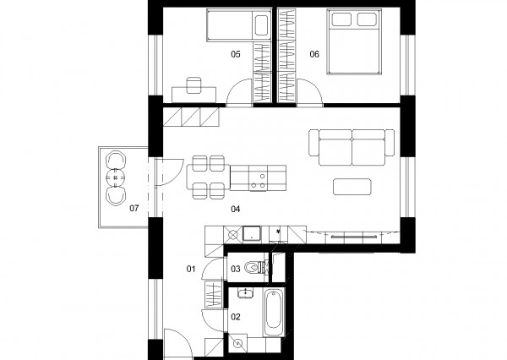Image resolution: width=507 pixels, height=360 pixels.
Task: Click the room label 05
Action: pyautogui.click(x=236, y=54)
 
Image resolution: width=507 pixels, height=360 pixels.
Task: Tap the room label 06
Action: pyautogui.click(x=314, y=54)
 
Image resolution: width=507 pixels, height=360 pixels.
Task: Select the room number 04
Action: pyautogui.click(x=236, y=209)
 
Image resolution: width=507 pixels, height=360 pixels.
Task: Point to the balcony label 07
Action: pyautogui.click(x=134, y=208)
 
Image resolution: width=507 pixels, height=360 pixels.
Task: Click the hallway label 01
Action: pyautogui.click(x=191, y=269)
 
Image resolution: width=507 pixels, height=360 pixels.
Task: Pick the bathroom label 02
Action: pyautogui.click(x=236, y=317)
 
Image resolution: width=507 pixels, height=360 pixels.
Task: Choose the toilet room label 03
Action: pyautogui.click(x=236, y=269)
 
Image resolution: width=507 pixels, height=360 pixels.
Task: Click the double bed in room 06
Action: pyautogui.click(x=354, y=42)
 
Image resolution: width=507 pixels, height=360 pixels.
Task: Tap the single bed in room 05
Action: pyautogui.click(x=238, y=25)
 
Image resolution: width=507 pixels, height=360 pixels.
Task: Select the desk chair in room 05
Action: pyautogui.click(x=194, y=85)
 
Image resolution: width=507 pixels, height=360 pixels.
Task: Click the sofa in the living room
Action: pyautogui.click(x=352, y=148)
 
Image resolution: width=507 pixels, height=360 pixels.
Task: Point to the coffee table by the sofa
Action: pyautogui.click(x=352, y=187)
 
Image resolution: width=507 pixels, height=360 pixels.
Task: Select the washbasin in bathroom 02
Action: pyautogui.click(x=246, y=292)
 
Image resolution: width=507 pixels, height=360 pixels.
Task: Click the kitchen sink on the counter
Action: pyautogui.click(x=252, y=233)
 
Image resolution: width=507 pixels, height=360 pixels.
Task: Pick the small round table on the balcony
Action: pyautogui.click(x=116, y=177)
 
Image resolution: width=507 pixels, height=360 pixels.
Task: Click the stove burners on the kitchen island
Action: pyautogui.click(x=259, y=181)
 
